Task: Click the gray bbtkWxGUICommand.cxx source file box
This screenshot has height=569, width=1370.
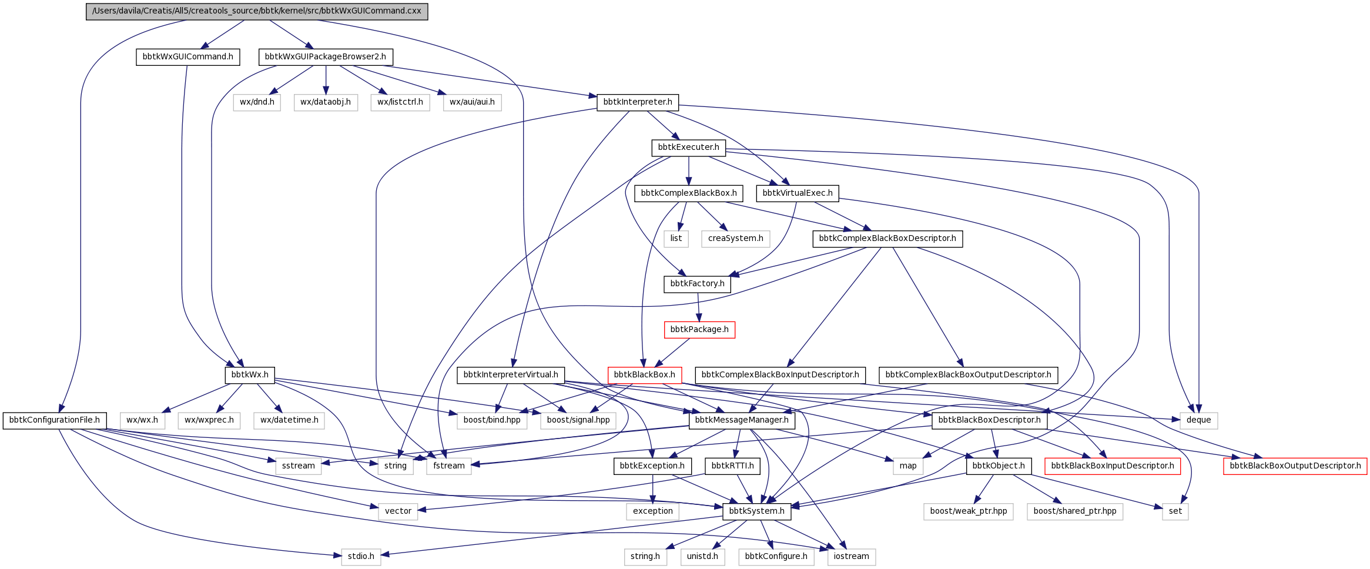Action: coord(257,11)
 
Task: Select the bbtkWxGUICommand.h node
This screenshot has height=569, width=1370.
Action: coord(187,57)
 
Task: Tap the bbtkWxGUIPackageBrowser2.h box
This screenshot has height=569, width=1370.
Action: coord(325,57)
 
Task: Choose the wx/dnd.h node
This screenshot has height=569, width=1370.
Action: coord(257,102)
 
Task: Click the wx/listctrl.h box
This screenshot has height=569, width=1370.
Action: coord(400,102)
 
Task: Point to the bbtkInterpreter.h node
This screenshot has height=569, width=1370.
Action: coord(638,102)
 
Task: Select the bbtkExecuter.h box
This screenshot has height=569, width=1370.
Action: coord(688,148)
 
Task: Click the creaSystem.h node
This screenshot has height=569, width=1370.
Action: coord(735,239)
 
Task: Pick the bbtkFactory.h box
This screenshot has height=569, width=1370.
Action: coord(697,284)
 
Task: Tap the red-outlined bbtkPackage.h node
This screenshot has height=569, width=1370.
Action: coord(699,330)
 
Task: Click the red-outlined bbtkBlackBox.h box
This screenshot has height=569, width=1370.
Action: coord(644,375)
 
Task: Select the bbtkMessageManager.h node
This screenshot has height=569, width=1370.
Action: coord(742,420)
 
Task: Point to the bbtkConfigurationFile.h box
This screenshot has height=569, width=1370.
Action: coord(55,420)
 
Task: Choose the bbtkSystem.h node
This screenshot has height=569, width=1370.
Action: coord(756,511)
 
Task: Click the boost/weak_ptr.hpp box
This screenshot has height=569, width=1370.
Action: coord(968,511)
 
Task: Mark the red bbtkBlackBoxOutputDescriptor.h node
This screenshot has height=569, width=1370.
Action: coord(1295,466)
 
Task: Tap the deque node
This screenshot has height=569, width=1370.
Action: coord(1198,420)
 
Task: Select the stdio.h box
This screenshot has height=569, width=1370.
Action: coord(361,557)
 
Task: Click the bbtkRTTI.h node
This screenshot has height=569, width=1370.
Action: coord(732,466)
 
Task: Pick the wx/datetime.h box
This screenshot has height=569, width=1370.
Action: coord(289,420)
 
